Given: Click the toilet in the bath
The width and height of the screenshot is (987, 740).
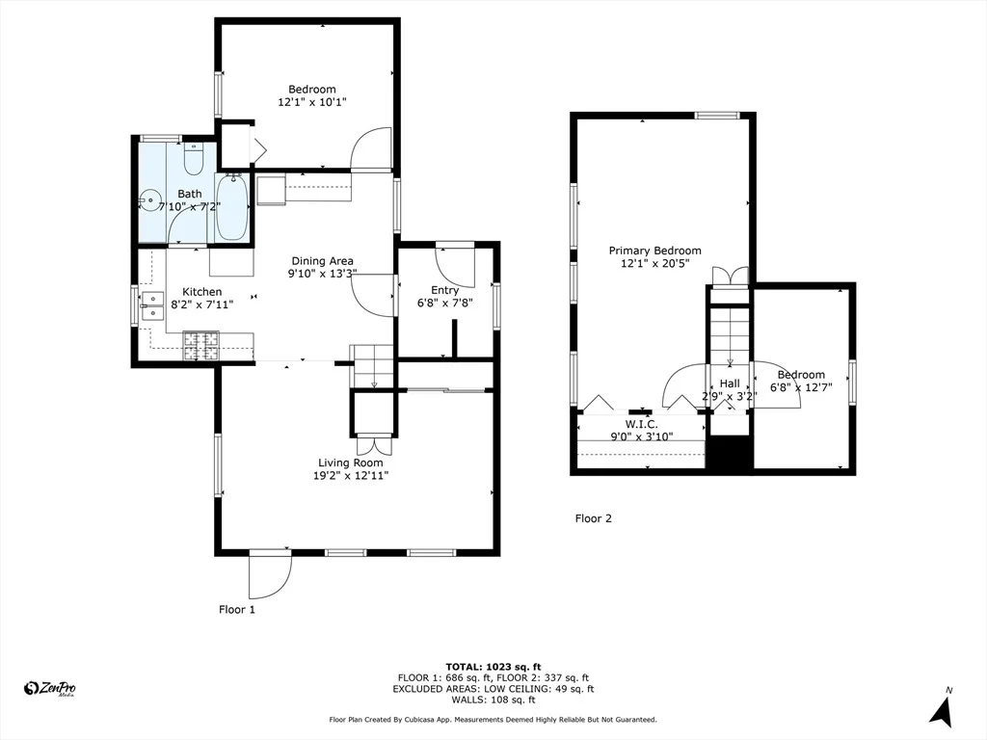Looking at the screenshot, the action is (193, 159).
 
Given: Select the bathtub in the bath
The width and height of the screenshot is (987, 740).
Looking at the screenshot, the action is (231, 207).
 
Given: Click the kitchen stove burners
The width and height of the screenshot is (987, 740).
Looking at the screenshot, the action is (200, 346).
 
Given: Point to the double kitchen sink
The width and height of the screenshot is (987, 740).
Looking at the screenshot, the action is (153, 305).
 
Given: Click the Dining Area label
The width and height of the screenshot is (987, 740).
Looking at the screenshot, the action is (322, 260).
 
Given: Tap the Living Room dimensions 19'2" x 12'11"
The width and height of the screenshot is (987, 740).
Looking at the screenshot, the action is (351, 476).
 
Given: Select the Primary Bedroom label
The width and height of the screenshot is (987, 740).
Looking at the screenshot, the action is (654, 251).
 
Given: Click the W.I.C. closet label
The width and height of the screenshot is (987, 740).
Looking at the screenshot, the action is (641, 424).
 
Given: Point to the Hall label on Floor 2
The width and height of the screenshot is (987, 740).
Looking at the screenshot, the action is (730, 383).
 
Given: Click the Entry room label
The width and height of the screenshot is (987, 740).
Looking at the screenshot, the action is (444, 290).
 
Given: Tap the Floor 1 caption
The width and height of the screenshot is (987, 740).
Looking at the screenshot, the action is (237, 609).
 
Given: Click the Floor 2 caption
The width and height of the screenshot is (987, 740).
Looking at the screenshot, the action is (593, 518).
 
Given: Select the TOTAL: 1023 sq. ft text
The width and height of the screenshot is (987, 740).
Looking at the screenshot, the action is (493, 667).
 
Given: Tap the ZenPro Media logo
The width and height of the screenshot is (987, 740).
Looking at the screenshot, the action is (49, 688).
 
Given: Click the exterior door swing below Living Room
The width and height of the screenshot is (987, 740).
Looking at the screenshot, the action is (271, 575).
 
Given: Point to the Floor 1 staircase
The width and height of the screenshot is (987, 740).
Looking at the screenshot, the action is (372, 367).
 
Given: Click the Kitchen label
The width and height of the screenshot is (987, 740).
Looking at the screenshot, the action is (202, 292).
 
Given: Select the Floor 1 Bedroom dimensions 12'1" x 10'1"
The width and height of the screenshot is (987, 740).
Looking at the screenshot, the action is (312, 102).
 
